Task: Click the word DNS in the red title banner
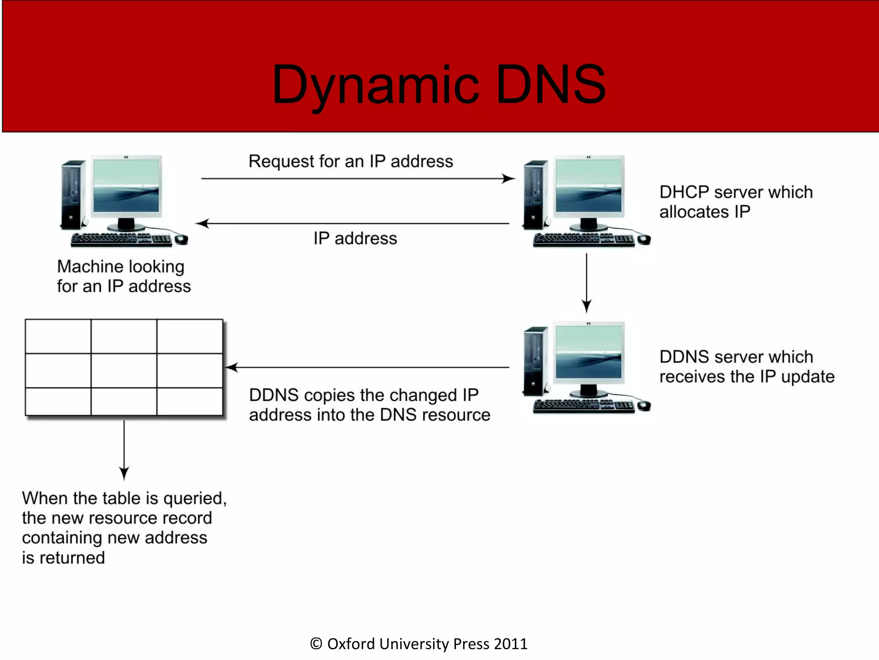pos(551,85)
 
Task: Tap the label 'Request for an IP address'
pos(351,162)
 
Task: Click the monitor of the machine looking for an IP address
pos(126,187)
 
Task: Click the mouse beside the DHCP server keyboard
pos(644,239)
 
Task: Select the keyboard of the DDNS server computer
pos(584,406)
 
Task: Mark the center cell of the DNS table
pos(124,370)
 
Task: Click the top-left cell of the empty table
pos(58,336)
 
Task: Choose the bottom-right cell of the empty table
pos(190,401)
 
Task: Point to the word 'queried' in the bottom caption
pos(194,498)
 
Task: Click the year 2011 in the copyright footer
pos(510,644)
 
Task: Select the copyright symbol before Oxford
pos(316,644)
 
